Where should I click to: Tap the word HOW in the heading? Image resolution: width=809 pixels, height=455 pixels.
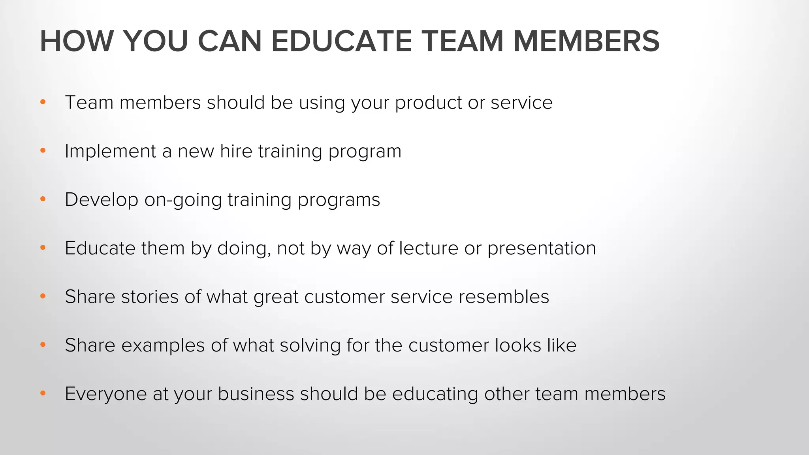(76, 41)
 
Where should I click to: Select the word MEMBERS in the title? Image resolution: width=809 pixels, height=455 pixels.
(586, 41)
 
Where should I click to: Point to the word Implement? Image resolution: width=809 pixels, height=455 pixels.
(110, 152)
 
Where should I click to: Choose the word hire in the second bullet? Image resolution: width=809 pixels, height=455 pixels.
(236, 151)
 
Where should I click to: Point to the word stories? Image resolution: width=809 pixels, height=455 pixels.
(149, 297)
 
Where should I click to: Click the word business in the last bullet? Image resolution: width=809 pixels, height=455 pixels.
(256, 394)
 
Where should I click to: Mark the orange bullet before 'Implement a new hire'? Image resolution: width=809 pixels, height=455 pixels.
(43, 151)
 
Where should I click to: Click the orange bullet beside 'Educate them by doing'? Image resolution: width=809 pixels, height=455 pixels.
(43, 248)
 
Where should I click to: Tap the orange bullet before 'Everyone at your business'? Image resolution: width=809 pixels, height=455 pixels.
(43, 394)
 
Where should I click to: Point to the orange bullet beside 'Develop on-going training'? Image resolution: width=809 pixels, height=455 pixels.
(43, 199)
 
